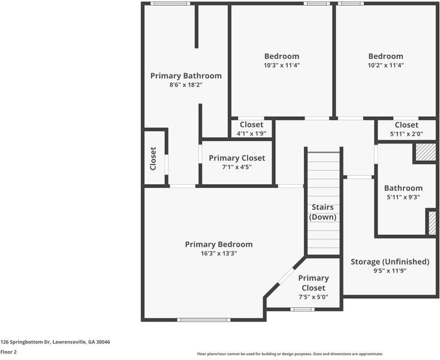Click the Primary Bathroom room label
pos(186,76)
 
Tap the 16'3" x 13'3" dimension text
pos(219,253)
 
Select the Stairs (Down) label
pos(323,212)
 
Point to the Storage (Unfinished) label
pos(390,262)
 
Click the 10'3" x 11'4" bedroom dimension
pos(282,65)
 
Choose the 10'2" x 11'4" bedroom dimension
pos(386,65)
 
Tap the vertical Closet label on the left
pos(153,158)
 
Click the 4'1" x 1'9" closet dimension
pos(251,134)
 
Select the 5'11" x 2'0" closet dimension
pos(406,134)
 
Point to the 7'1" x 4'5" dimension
pos(237,167)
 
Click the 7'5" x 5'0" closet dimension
pos(314,297)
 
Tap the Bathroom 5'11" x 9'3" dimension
pos(403,197)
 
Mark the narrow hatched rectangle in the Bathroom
pos(432,223)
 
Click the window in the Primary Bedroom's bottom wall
pos(204,320)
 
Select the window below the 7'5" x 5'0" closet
pos(302,309)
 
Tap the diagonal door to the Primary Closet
pos(286,276)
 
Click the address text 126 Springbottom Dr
pos(25,342)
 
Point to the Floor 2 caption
pos(9,352)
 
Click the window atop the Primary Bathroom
pos(170,4)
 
